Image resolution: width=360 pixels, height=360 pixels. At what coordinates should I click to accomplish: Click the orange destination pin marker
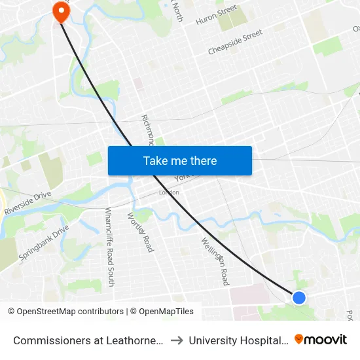point(61,10)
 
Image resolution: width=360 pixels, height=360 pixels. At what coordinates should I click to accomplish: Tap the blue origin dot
point(299,298)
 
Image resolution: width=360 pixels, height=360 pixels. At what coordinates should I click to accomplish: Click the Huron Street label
point(216,15)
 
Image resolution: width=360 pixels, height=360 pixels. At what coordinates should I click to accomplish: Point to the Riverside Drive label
point(27,203)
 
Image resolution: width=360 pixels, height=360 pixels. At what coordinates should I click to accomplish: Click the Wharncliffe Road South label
point(110,247)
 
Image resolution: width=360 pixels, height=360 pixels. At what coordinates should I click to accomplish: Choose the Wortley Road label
point(140,232)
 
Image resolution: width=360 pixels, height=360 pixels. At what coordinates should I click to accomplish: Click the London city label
point(169,192)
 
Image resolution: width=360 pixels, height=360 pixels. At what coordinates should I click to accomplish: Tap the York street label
point(181,177)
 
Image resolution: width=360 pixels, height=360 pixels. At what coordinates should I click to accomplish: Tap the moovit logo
point(321,339)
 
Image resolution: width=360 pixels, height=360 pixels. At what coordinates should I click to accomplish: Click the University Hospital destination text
point(238,340)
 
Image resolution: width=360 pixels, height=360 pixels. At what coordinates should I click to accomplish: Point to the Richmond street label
point(148,130)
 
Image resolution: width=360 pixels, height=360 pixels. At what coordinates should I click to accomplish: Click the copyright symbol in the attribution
point(11,312)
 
